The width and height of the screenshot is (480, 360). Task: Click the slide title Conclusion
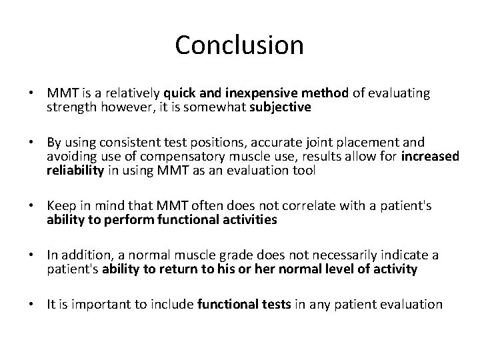coord(239,45)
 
